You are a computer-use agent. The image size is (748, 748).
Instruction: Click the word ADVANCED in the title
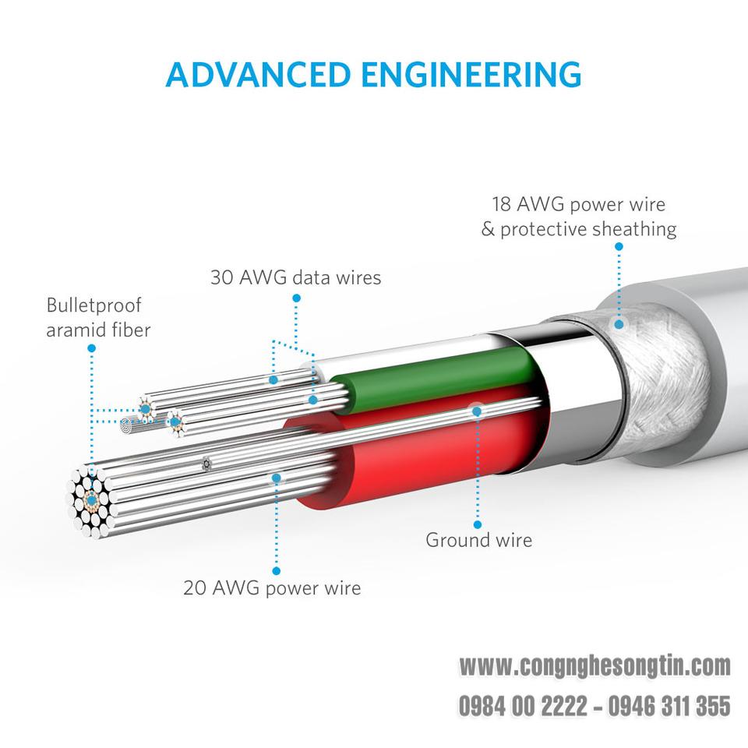point(258,75)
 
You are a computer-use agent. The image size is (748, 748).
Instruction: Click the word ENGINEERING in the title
point(471,75)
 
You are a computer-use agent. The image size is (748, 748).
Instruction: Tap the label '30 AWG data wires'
point(296,277)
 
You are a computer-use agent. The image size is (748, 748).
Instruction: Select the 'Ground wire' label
point(478,540)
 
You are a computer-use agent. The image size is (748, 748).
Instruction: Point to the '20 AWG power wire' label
point(272,588)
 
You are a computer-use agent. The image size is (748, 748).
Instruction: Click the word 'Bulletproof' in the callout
point(94,305)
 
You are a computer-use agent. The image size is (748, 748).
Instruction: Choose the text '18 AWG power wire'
point(579,204)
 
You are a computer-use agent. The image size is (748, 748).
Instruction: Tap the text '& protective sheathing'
point(579,229)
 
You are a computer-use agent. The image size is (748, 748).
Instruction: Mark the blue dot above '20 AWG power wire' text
point(276,571)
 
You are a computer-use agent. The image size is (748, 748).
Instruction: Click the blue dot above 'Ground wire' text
point(478,524)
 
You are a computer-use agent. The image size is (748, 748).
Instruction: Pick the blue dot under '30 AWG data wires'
point(296,298)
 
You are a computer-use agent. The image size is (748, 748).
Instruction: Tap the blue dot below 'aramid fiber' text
point(92,348)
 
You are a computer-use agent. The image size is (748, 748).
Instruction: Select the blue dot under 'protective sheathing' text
point(619,247)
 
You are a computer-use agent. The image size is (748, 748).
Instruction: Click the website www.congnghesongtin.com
point(595,666)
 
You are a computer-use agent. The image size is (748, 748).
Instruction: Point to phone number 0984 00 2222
point(524,706)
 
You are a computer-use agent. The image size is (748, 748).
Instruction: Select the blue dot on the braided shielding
point(619,324)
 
